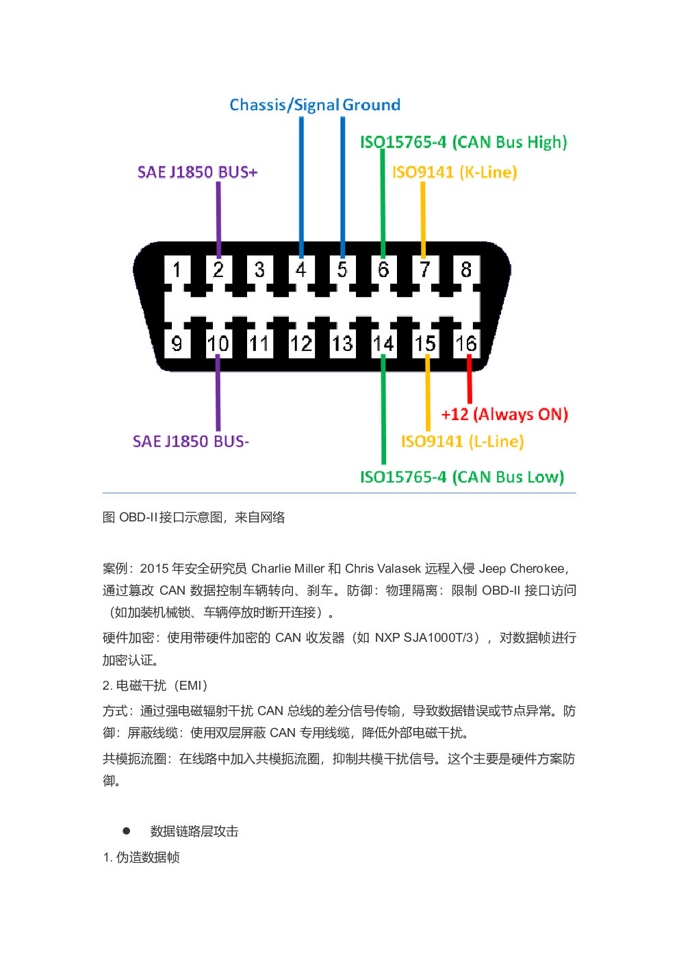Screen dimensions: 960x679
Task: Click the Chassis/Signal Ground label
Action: coord(315,105)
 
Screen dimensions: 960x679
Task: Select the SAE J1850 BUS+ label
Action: coord(197,172)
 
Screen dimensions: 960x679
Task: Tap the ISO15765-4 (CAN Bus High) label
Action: coord(463,142)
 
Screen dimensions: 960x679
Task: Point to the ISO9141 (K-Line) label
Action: coord(454,172)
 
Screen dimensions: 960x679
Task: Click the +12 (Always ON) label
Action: coord(504,414)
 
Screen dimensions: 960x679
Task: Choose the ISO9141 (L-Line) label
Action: coord(462,441)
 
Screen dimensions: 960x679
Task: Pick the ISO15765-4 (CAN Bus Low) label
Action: coord(462,477)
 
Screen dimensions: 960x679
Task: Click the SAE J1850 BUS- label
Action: coord(190,441)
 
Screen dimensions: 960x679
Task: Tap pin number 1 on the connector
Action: coord(177,270)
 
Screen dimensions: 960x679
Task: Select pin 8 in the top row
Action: coord(466,270)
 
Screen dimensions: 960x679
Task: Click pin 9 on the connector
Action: coord(177,343)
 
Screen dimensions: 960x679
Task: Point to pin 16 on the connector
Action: coord(466,343)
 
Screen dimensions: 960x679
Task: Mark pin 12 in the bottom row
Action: coord(300,343)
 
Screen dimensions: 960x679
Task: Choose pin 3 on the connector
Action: coord(259,270)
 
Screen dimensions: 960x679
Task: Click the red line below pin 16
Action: coord(470,380)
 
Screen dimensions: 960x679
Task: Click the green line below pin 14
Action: coord(383,411)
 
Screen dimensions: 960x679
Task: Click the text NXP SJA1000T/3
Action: coord(426,638)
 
